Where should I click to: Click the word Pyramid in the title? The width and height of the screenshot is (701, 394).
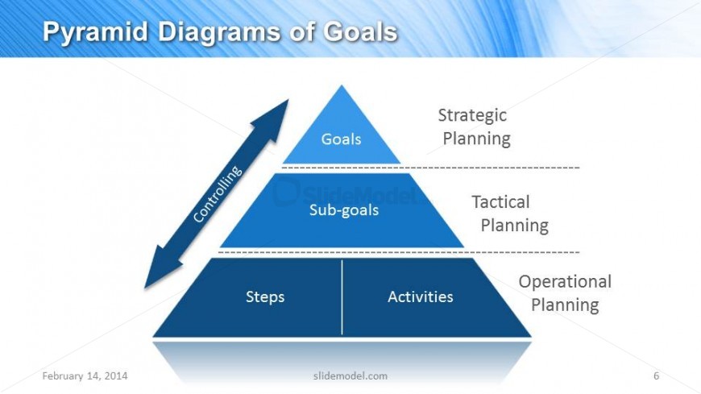click(x=95, y=32)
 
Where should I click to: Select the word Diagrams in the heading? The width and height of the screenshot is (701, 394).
click(x=219, y=32)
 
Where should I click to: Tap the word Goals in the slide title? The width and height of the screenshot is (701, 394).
click(x=360, y=31)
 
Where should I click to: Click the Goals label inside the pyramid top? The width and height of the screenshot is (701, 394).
click(x=341, y=139)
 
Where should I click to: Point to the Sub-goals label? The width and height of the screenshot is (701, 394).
click(x=344, y=209)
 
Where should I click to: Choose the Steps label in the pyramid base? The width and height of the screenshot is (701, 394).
click(x=265, y=297)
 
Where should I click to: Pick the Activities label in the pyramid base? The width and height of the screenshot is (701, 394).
click(x=421, y=297)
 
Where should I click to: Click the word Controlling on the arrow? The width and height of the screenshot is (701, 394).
click(x=218, y=193)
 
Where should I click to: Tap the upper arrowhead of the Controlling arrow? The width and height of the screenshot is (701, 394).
click(x=274, y=117)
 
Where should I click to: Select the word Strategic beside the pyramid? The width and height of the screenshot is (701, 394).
click(x=472, y=116)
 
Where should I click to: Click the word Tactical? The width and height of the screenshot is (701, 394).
click(x=500, y=201)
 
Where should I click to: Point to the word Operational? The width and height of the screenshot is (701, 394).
click(x=565, y=282)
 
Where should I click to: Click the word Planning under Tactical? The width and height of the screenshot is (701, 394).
click(x=515, y=226)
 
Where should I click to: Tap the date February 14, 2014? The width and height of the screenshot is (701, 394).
click(x=85, y=375)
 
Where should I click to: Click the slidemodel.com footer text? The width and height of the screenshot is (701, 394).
click(x=350, y=375)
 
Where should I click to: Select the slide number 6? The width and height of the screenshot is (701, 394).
click(x=657, y=375)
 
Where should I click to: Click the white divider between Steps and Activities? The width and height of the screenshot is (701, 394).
click(x=342, y=297)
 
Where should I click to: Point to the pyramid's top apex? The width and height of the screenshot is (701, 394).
click(x=342, y=85)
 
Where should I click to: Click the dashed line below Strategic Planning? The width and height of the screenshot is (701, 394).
click(x=431, y=168)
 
